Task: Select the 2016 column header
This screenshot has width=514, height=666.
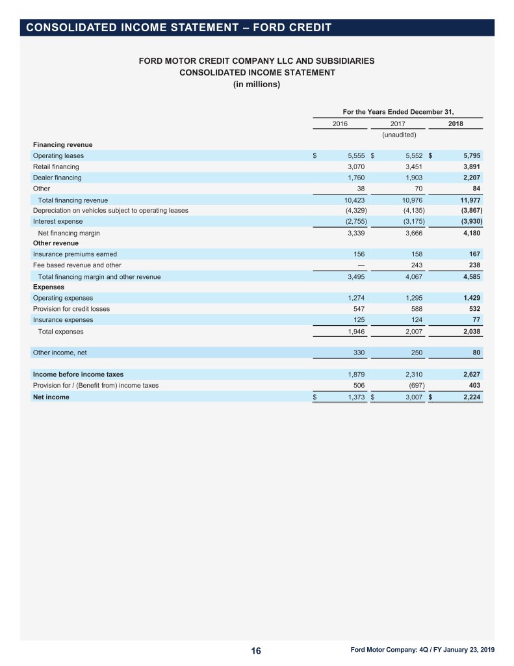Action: pos(340,124)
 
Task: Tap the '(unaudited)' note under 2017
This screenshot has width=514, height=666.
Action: pos(398,135)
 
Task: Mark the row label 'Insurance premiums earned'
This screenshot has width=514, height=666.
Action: pos(75,254)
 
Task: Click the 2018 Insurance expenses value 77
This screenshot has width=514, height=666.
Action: pos(475,320)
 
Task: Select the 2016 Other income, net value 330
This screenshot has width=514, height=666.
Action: pos(357,353)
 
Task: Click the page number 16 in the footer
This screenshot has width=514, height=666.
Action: pos(256,652)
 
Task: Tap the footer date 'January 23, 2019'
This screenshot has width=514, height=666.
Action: pos(467,650)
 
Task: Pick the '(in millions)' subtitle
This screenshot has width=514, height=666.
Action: pos(257,84)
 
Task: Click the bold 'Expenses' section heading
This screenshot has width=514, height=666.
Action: pos(49,287)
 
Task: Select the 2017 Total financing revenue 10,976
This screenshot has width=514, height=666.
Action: pos(409,200)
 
